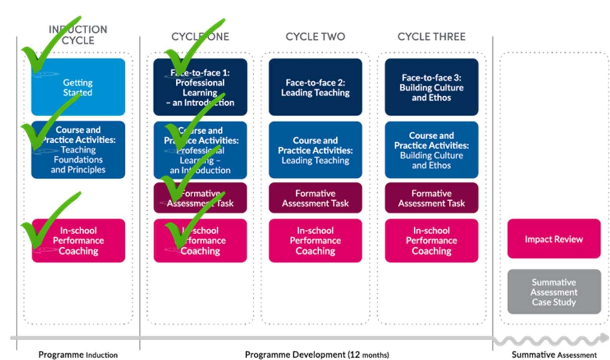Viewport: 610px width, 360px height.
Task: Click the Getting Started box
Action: point(78,87)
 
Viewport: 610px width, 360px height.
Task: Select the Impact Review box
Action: point(554,239)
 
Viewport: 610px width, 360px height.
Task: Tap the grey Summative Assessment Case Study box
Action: point(554,292)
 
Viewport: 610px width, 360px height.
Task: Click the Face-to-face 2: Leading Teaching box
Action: point(315,87)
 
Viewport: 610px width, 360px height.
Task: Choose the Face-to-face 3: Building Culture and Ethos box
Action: point(432,87)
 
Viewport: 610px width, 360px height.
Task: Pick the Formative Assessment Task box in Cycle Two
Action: point(315,198)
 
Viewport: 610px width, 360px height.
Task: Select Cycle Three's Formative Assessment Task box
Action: point(432,198)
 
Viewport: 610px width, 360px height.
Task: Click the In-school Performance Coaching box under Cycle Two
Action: point(315,241)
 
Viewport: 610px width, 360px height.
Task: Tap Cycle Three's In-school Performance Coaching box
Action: point(432,241)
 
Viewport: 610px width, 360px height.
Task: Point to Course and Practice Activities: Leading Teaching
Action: point(315,150)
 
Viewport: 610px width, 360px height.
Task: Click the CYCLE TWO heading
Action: point(315,37)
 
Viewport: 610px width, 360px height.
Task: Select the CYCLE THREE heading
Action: point(432,37)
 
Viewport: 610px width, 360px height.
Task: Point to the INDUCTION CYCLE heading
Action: point(78,35)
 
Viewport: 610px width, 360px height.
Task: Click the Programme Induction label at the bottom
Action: point(78,354)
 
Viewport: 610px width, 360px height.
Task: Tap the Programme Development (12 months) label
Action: point(317,354)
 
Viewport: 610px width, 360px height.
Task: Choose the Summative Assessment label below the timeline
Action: point(554,354)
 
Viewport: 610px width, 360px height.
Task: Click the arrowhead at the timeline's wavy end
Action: point(603,338)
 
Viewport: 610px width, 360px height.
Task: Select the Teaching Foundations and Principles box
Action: point(78,150)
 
